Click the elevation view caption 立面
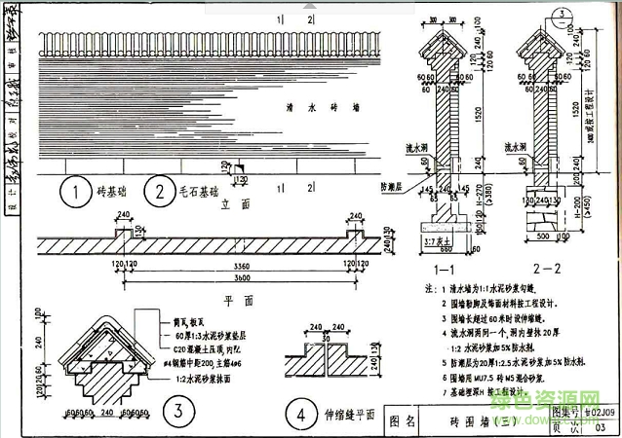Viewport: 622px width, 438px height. (x=230, y=205)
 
